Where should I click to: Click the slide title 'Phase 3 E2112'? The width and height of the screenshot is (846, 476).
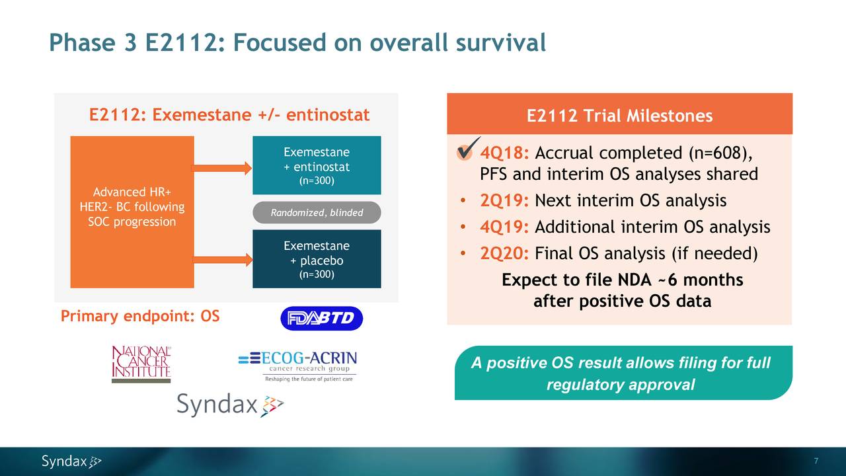click(x=297, y=44)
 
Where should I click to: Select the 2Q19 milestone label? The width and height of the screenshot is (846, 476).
click(x=504, y=201)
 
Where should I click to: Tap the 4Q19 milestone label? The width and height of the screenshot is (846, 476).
click(x=504, y=227)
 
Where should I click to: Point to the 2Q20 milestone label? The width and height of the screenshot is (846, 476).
click(x=504, y=254)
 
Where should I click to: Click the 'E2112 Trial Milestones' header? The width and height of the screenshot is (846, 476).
click(x=619, y=116)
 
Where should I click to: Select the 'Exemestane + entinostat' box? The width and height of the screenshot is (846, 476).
click(x=317, y=165)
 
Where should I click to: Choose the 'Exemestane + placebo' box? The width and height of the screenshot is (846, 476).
click(x=317, y=258)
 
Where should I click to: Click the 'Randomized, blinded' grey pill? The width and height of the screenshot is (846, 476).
click(x=317, y=212)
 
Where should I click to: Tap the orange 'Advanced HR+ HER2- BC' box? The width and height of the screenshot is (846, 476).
click(x=132, y=212)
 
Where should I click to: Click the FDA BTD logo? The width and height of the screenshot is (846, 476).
click(x=321, y=319)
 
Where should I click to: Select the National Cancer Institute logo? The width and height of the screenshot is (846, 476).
click(x=141, y=364)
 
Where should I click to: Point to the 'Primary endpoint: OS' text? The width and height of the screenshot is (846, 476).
click(x=140, y=317)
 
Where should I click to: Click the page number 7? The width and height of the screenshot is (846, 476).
click(x=817, y=461)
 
